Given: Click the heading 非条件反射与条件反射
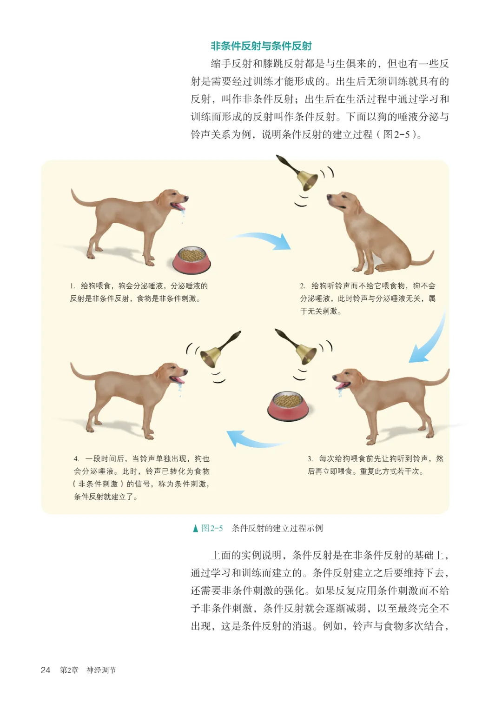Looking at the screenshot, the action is pos(261,46).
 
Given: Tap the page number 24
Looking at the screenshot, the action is pos(46,670).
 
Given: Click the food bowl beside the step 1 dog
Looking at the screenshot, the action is pos(191,259).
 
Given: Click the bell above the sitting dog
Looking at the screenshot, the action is pos(299,174).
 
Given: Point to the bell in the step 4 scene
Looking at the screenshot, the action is pos(218,350).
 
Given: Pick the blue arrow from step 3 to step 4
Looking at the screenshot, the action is pos(253,440).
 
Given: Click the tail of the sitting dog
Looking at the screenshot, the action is pos(423,260).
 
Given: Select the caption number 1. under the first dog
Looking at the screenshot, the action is pos(73,286).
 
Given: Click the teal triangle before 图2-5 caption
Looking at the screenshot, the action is pos(196,528).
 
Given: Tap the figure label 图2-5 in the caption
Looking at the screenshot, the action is pos(212,528).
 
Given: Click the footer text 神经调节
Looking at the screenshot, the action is pos(101,670).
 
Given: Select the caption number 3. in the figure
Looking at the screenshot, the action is pos(310,459).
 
